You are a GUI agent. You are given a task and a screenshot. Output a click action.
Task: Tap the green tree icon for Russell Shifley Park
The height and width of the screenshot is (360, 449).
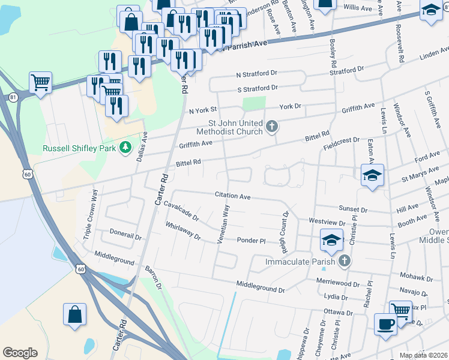[125, 146]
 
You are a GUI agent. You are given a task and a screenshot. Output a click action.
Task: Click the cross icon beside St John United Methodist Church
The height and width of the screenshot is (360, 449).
[272, 126]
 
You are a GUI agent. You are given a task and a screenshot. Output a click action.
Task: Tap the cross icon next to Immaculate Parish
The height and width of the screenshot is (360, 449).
[344, 260]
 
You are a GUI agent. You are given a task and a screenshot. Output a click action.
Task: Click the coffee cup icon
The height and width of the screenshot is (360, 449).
[385, 325]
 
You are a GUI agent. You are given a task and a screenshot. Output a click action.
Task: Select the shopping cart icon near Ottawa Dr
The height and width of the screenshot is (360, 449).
[400, 310]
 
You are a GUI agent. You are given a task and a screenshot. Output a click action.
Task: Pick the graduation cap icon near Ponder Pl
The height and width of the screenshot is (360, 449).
[330, 241]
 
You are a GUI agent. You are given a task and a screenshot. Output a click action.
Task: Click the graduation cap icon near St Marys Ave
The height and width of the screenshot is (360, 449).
[372, 176]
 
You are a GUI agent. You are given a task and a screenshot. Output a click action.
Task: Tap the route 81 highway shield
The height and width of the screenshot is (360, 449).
[13, 97]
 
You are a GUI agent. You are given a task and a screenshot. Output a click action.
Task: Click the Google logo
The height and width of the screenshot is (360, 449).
[20, 353]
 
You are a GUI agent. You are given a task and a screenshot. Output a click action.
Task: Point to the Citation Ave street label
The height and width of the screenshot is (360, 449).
[233, 195]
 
